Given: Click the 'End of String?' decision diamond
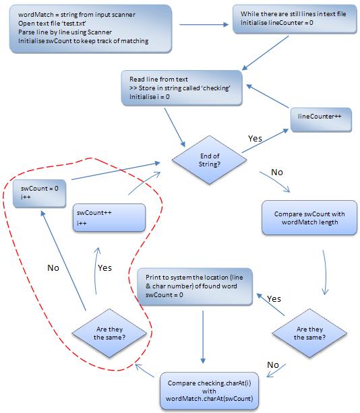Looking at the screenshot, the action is click(x=209, y=160).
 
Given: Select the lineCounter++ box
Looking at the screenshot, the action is click(x=321, y=119).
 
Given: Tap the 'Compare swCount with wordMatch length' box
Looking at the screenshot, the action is click(x=309, y=218).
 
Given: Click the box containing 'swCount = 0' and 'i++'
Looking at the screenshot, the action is click(x=40, y=193).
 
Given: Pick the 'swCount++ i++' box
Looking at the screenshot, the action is click(x=109, y=218).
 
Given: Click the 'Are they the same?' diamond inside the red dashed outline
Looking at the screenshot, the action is click(x=109, y=333).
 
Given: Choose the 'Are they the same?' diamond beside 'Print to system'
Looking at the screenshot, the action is click(x=309, y=333).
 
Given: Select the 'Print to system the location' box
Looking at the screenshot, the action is click(x=195, y=286).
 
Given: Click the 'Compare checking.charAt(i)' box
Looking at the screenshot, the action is click(x=209, y=391).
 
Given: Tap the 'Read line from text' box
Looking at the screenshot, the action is click(x=181, y=88).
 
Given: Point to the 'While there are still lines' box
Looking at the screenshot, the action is click(x=295, y=19).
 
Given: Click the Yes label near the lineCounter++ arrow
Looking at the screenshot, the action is click(x=255, y=139).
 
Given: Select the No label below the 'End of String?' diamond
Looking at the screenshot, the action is click(x=277, y=172).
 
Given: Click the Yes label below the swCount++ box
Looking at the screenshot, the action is click(x=104, y=268).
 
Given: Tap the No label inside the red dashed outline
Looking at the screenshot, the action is click(x=53, y=268).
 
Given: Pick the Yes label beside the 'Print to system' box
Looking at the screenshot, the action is click(x=274, y=299).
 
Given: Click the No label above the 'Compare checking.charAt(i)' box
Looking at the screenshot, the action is click(x=273, y=364).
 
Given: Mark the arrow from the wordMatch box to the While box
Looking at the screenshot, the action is click(x=204, y=24).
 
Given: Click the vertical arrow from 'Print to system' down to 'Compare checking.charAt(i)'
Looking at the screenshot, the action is click(x=203, y=337).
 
